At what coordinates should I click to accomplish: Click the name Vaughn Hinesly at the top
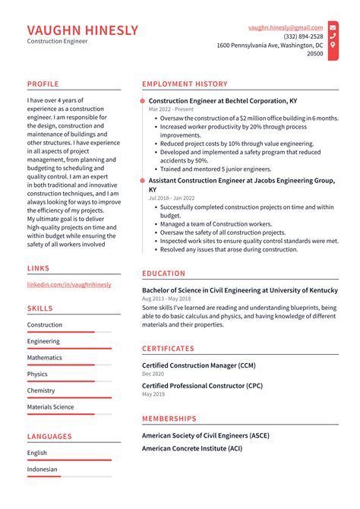[83, 30]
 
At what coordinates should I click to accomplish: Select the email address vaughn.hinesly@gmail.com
[286, 27]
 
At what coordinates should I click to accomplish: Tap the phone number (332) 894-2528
[303, 36]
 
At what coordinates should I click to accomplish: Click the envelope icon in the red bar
[333, 27]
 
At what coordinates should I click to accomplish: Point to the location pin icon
[333, 46]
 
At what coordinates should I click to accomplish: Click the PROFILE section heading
[43, 84]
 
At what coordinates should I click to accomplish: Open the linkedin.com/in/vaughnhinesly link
[69, 285]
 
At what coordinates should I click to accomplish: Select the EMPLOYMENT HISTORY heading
[185, 84]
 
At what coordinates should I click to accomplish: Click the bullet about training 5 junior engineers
[215, 169]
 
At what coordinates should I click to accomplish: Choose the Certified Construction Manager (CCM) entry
[198, 365]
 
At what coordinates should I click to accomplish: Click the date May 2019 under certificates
[153, 394]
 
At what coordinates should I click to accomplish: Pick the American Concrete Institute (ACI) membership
[191, 449]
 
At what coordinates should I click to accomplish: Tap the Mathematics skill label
[45, 358]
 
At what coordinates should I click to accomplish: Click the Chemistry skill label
[41, 390]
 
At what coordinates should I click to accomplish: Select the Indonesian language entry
[43, 469]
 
